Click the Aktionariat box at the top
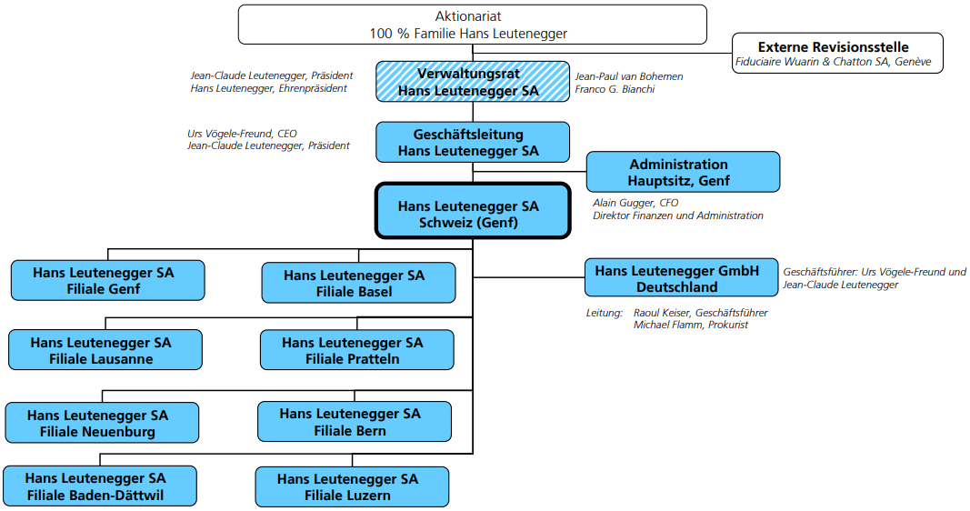point(472,25)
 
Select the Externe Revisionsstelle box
point(837,54)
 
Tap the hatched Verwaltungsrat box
point(473,82)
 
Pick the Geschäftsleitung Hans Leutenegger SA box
point(473,142)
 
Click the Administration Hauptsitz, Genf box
point(683,172)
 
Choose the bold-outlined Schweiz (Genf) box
point(473,210)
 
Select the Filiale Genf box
point(107,280)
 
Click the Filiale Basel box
point(358,283)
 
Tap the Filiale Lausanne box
point(105,349)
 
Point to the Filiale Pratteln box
point(357,349)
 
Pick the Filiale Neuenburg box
point(102,423)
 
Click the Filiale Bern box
point(355,421)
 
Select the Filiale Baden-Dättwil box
point(100,486)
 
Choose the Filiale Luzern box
point(352,486)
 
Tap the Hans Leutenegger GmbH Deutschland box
point(681,277)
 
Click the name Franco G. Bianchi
point(615,89)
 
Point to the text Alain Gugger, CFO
point(635,203)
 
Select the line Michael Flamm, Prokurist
point(690,325)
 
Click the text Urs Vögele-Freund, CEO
point(242,134)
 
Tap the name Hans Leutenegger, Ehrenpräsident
point(268,88)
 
